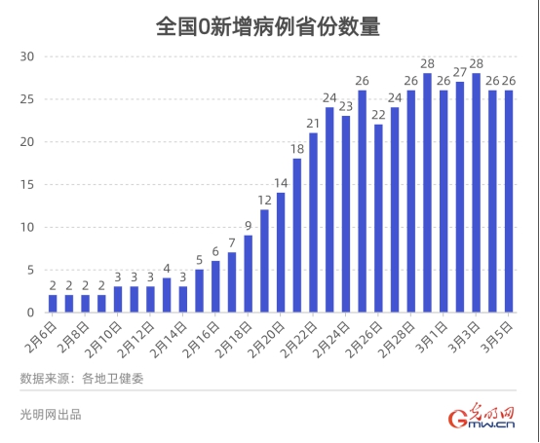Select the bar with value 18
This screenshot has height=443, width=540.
click(x=296, y=235)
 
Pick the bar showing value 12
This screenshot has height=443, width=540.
click(x=264, y=261)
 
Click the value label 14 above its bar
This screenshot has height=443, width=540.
click(x=280, y=182)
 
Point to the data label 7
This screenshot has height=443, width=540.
click(x=231, y=242)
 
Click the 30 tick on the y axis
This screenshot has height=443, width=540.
click(x=27, y=56)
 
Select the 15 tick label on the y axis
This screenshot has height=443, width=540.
click(x=27, y=185)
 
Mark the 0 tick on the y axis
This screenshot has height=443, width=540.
click(x=31, y=313)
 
